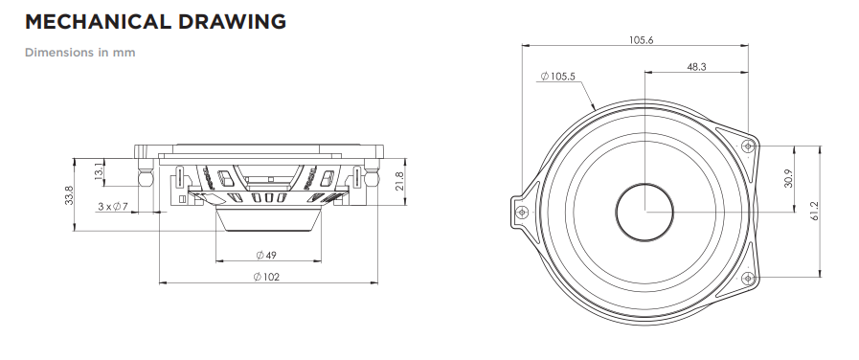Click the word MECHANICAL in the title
coord(99,22)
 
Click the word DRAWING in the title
coord(232,22)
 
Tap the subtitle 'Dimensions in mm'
coord(80,53)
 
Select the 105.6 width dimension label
coord(641,40)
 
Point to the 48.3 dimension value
coord(696,67)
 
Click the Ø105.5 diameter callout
coord(557,77)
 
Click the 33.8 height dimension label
coord(69,195)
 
